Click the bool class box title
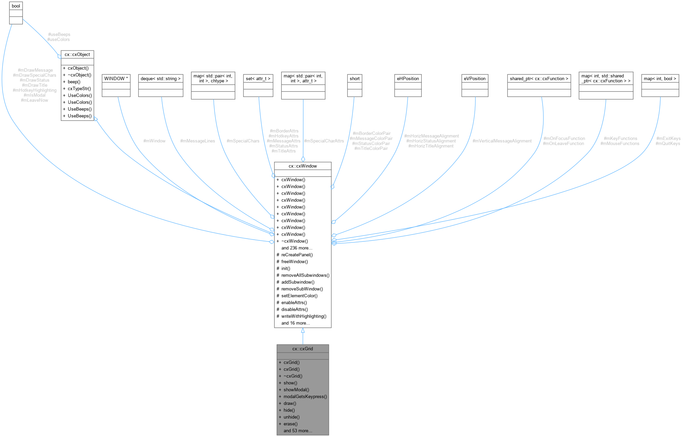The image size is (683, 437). click(16, 6)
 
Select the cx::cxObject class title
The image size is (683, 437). click(77, 55)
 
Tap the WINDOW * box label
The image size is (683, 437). click(116, 79)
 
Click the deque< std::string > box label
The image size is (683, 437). click(161, 79)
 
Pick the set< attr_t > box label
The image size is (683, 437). click(258, 79)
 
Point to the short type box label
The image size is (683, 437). click(354, 79)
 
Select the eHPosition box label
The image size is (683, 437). click(408, 79)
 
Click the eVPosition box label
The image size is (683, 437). click(475, 79)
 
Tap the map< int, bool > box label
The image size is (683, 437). click(660, 79)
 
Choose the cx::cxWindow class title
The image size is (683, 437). click(303, 166)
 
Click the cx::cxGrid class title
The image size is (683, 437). click(303, 349)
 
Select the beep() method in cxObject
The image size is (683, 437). click(74, 82)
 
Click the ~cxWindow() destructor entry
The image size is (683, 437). click(294, 241)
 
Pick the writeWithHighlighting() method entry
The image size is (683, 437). click(304, 316)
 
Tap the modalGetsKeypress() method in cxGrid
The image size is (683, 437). click(305, 396)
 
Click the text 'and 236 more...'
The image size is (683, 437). click(296, 248)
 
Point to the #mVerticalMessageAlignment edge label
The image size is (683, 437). click(502, 141)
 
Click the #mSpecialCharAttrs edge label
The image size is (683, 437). click(324, 141)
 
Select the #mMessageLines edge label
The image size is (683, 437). click(197, 141)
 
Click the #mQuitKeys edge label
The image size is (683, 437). click(668, 143)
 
